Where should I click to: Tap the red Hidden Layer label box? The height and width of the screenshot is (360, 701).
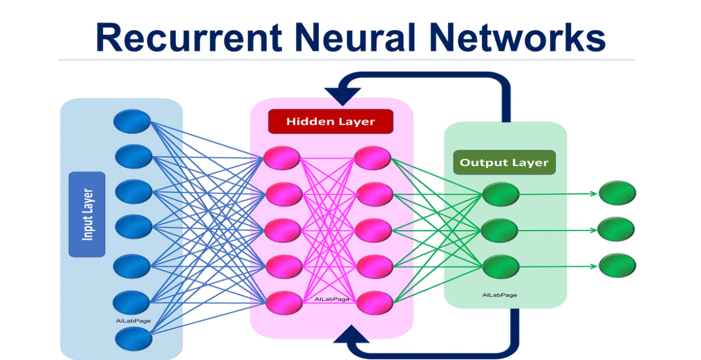330,122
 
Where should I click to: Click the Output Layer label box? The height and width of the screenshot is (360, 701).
504,162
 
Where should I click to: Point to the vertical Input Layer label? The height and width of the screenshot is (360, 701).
87,214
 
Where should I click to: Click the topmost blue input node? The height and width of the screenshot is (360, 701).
132,121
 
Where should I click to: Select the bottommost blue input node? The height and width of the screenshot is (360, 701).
134,338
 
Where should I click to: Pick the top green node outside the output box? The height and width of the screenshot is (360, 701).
617,193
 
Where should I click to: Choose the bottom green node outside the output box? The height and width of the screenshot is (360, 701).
617,265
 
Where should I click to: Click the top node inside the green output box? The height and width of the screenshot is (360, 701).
501,195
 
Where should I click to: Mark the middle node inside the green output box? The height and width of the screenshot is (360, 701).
499,230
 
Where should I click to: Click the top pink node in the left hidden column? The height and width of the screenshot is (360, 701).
282,158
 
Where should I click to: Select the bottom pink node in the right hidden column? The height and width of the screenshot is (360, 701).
375,302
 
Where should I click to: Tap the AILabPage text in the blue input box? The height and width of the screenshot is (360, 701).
133,321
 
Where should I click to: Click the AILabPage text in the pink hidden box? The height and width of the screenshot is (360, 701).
332,299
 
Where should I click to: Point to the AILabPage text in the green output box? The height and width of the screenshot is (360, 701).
499,295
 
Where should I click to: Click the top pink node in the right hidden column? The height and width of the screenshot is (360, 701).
372,158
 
